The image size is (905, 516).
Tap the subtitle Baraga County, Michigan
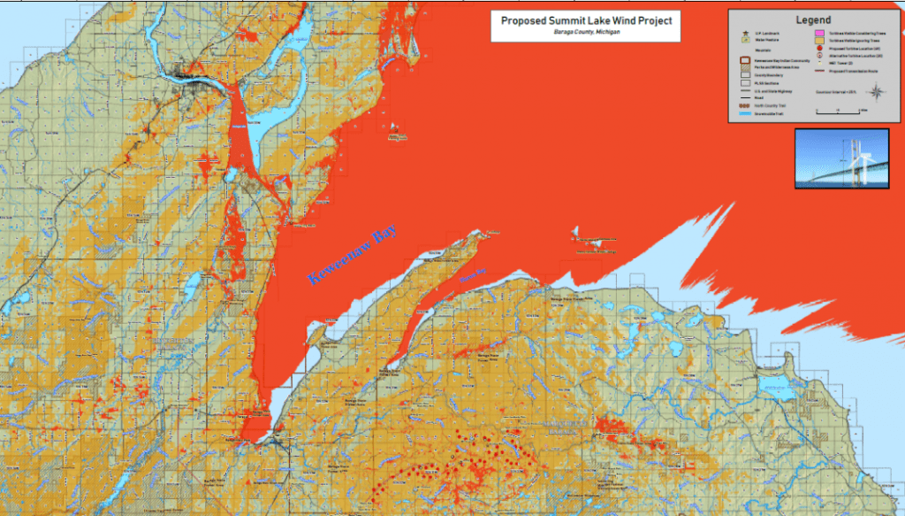pos(585,32)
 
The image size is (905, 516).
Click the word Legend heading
pos(812,19)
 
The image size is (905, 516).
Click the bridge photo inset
pos(841,158)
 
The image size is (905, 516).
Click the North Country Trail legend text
pos(771,105)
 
